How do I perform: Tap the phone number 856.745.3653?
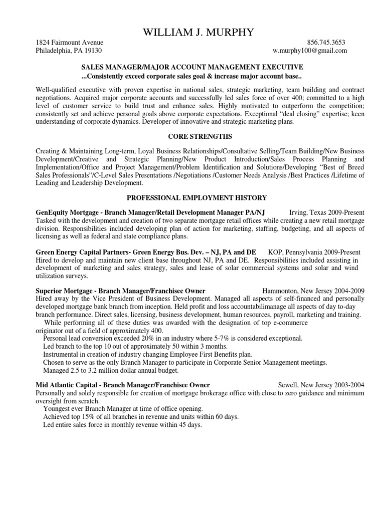tap(326, 43)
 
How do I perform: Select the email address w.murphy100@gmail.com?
tap(309, 51)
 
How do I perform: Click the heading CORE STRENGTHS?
tap(192, 136)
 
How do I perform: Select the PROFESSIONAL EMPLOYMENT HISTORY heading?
tap(192, 198)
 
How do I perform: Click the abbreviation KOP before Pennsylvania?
tap(275, 252)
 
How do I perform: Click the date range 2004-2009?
tap(349, 291)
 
